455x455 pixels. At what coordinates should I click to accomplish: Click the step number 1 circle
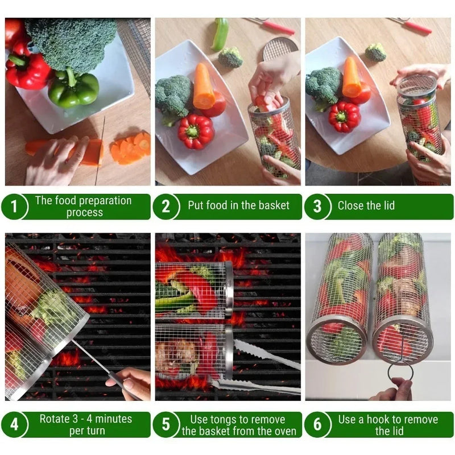point(14,207)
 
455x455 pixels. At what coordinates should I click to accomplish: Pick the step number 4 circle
point(14,424)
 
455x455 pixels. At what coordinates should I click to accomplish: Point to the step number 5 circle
point(166,424)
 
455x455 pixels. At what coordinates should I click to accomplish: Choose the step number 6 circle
point(317,424)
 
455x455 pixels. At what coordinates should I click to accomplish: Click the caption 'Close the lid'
point(366,206)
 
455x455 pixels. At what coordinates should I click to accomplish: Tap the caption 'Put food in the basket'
point(238,206)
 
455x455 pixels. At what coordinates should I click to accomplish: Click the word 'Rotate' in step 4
point(55,419)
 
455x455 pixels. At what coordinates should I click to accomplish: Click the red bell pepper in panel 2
point(196,130)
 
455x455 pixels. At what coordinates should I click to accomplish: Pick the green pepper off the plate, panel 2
point(220,34)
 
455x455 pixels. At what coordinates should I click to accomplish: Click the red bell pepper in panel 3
point(344,116)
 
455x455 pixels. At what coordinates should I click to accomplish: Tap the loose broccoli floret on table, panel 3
point(375,52)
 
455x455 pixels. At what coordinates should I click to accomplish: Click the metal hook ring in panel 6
point(400,373)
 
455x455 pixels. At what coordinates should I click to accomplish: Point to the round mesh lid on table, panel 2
point(280,48)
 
